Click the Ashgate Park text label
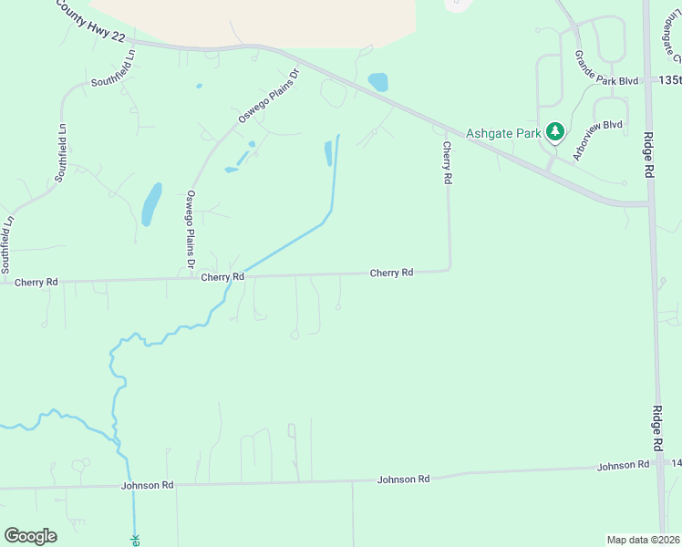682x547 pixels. [503, 133]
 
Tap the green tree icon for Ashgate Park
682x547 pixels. [554, 133]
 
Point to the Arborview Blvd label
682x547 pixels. [597, 139]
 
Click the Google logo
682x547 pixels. [30, 536]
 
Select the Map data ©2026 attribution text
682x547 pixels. [643, 540]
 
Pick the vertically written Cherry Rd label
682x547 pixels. [447, 163]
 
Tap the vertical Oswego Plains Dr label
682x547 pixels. [191, 228]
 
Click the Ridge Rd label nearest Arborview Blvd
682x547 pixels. [648, 160]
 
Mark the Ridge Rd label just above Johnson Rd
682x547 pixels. [656, 428]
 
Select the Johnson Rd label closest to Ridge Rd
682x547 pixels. [623, 466]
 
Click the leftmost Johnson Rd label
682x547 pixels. [147, 486]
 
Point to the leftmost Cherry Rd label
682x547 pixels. [36, 283]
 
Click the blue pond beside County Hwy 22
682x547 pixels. [377, 82]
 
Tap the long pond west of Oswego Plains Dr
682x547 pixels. [151, 204]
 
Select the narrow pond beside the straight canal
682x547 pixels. [328, 153]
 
